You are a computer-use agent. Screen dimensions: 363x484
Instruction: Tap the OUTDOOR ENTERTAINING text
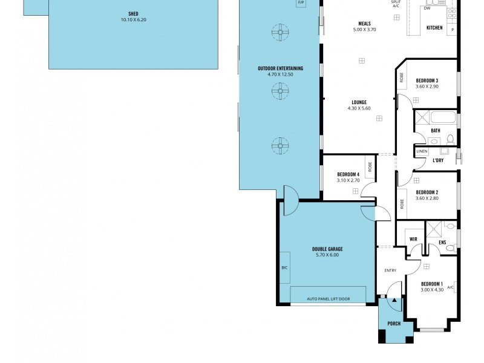click(x=280, y=68)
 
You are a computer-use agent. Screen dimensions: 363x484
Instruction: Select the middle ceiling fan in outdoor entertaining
click(x=280, y=91)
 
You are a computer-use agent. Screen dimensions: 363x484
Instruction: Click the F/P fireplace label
click(x=301, y=3)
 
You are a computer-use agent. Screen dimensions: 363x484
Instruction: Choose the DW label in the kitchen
click(x=427, y=8)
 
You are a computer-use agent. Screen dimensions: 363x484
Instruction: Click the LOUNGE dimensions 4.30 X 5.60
click(x=359, y=108)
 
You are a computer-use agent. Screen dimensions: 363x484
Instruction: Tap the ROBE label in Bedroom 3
click(x=401, y=77)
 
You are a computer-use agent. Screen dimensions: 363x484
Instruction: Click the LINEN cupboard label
click(x=422, y=151)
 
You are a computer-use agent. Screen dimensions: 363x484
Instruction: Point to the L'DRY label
click(x=438, y=160)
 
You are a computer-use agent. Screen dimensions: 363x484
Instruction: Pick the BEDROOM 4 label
click(x=348, y=174)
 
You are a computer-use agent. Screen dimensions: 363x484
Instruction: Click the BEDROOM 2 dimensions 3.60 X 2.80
click(x=427, y=198)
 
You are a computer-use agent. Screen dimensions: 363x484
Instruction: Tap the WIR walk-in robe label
click(x=413, y=239)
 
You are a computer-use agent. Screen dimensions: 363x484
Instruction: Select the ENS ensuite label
click(x=442, y=242)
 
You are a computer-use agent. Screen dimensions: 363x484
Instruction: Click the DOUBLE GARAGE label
click(x=327, y=249)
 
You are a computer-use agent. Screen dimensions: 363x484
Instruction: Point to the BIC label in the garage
click(x=284, y=267)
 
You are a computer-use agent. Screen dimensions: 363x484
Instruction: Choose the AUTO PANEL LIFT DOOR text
click(x=328, y=299)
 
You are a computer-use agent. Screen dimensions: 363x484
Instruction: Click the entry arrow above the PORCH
click(x=394, y=299)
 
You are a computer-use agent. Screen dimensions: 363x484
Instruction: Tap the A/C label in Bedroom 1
click(x=451, y=287)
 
